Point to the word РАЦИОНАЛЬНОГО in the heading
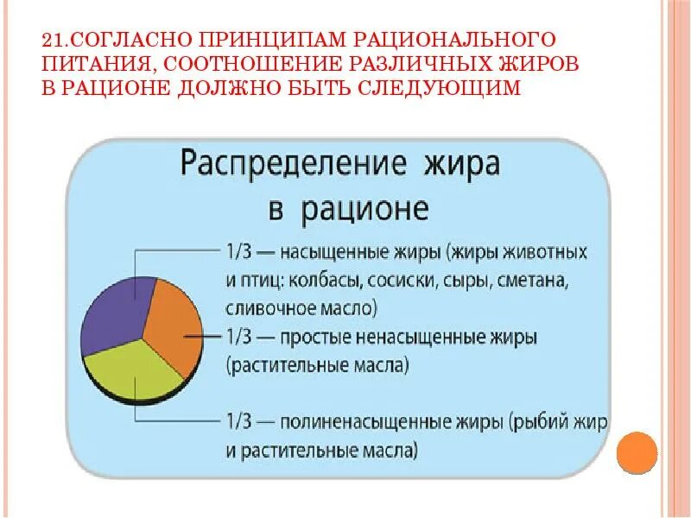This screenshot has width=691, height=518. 469,41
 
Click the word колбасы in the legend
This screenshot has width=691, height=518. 314,281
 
